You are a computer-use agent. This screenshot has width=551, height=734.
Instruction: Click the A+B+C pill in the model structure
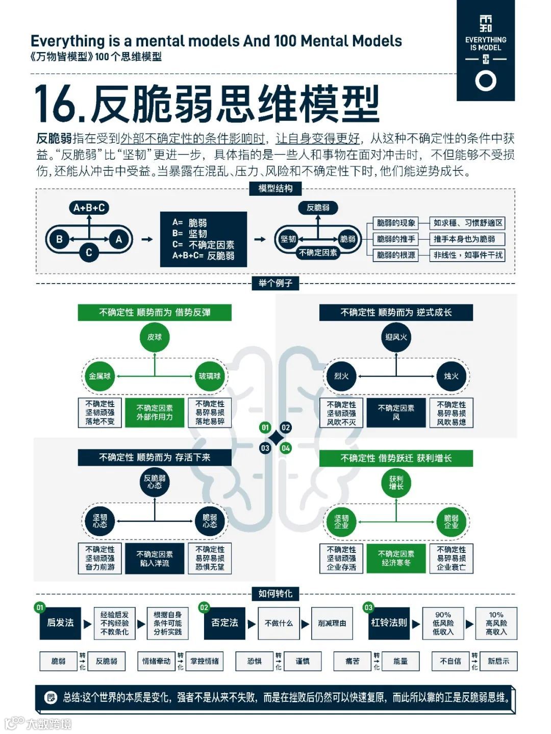89,208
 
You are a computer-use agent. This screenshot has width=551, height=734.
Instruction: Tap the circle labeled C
89,252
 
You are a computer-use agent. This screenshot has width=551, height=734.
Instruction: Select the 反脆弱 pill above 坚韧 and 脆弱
318,208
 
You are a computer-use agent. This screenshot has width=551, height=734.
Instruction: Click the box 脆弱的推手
396,239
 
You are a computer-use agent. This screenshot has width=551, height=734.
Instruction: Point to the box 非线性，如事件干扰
468,255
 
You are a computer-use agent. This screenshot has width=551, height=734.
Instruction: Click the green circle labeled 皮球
154,337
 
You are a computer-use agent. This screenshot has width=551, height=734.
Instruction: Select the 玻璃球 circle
210,376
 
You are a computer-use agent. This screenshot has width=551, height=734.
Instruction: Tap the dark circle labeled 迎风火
396,337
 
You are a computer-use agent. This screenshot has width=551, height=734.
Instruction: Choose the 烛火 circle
451,376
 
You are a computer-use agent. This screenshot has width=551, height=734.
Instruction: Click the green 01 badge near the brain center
265,427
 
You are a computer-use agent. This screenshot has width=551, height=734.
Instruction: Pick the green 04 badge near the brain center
286,448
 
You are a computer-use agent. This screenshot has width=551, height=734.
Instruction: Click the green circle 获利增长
396,483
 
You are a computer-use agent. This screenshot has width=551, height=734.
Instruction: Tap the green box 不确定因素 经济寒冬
396,558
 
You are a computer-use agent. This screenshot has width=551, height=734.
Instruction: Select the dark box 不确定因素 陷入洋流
154,559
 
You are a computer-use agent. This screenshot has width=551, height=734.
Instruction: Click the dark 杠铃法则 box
389,623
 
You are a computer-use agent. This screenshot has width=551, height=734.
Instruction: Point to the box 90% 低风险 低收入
443,623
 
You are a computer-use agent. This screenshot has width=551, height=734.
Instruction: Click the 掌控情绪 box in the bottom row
205,661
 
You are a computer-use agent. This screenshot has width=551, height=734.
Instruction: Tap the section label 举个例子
275,283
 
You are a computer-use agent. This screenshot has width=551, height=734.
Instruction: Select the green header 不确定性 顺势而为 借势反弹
154,312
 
